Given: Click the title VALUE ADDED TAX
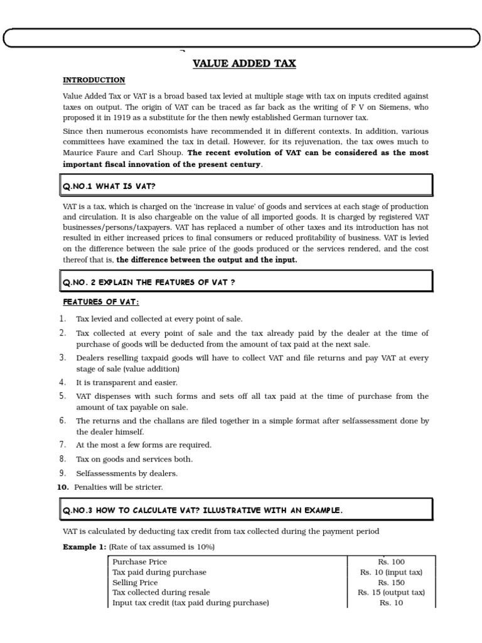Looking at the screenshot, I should click(244, 63).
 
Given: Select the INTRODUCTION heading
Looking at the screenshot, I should click(94, 80).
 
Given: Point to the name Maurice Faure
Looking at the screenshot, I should click(88, 153).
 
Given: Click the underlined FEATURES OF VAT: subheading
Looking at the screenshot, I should click(100, 302).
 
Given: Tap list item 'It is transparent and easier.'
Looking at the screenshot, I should click(127, 382).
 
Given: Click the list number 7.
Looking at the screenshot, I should click(63, 445).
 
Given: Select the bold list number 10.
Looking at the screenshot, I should click(63, 487).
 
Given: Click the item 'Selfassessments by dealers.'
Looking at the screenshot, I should click(127, 473).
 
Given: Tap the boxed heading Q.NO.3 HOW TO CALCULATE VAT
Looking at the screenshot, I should click(202, 511).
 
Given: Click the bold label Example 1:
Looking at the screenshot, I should click(85, 547).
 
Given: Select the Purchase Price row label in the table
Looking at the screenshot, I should click(139, 562).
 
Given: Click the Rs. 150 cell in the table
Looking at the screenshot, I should click(391, 582).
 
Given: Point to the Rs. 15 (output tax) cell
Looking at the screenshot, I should click(391, 592).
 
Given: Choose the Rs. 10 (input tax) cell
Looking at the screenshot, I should click(391, 572).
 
